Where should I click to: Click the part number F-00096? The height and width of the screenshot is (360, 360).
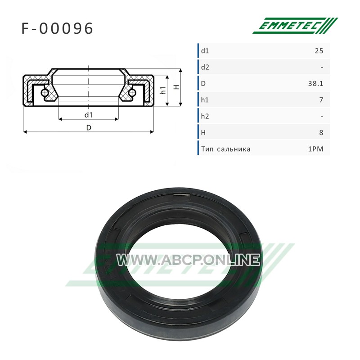(x=57, y=28)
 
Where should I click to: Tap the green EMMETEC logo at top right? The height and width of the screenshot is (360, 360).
(x=295, y=26)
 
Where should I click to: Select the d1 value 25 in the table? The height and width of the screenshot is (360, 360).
(x=319, y=51)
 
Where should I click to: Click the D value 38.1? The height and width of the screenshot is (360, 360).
(x=316, y=84)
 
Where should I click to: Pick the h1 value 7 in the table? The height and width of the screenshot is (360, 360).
(x=321, y=100)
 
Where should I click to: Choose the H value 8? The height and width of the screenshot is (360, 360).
(x=321, y=132)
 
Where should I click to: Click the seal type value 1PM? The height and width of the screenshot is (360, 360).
(x=316, y=149)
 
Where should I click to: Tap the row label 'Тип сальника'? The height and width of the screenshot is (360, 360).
(x=226, y=149)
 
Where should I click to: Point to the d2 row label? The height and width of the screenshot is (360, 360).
(x=205, y=67)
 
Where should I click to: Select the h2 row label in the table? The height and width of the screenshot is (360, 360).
(x=205, y=116)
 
